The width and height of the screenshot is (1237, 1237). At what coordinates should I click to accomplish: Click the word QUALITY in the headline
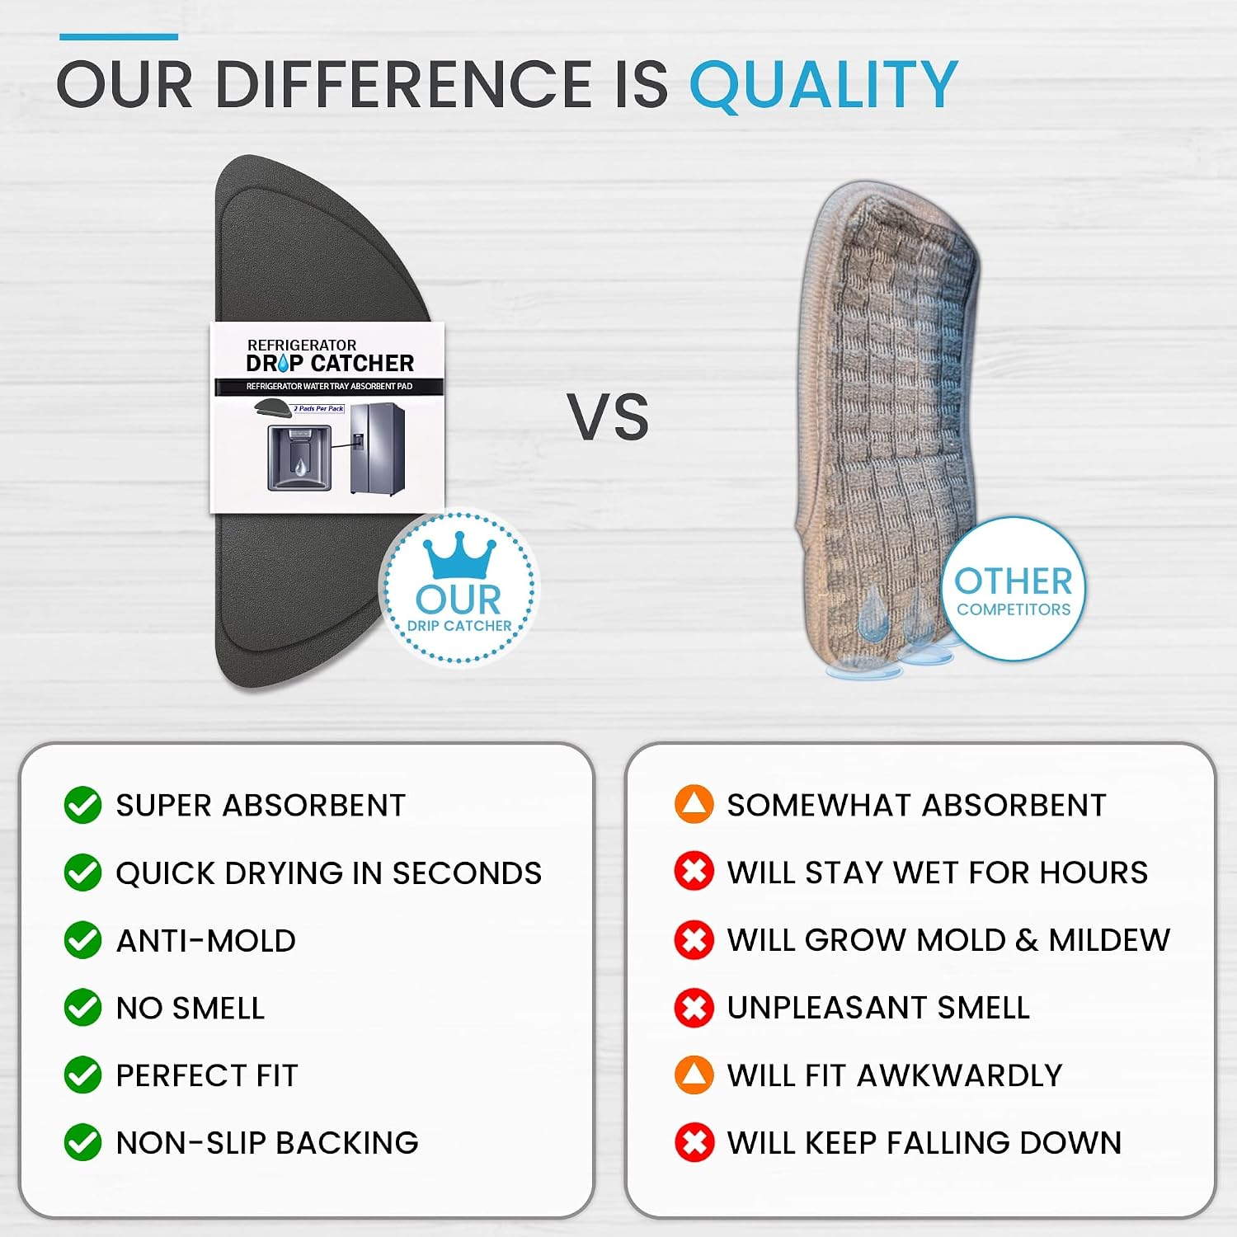pos(823,85)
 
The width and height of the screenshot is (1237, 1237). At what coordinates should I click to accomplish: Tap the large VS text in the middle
pos(608,416)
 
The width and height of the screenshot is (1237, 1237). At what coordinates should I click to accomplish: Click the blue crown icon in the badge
pos(459,558)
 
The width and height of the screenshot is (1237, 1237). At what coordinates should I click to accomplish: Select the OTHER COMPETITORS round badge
pos(1014,589)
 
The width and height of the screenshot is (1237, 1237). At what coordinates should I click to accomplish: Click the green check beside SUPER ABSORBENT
pos(82,805)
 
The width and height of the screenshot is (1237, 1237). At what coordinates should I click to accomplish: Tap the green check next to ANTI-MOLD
pos(82,940)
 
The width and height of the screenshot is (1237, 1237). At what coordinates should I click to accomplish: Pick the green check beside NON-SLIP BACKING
pos(82,1143)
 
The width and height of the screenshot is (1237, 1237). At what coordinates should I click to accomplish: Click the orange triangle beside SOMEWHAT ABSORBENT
pos(694,804)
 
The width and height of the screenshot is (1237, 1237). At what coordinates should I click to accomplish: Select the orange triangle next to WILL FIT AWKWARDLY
pos(694,1075)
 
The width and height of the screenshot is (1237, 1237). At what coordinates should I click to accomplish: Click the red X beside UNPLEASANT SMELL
pos(694,1008)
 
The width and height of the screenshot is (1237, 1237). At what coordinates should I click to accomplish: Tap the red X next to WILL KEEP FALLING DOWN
pos(694,1143)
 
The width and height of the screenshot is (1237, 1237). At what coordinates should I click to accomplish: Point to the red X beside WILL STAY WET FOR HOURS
pos(694,872)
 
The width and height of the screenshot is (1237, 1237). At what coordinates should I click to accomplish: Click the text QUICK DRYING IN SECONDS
pos(329,873)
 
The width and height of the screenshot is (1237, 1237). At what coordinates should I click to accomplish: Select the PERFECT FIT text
pos(207,1075)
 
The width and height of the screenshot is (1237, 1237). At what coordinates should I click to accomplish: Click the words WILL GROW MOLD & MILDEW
pos(948,940)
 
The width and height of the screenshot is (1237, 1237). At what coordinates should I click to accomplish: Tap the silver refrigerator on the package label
pos(378,449)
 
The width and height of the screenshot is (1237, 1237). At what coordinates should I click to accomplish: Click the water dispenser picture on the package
pos(299,457)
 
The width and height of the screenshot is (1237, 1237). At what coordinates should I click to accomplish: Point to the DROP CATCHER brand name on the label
pos(330,364)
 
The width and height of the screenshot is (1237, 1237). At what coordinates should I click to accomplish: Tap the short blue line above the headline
pos(119,37)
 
